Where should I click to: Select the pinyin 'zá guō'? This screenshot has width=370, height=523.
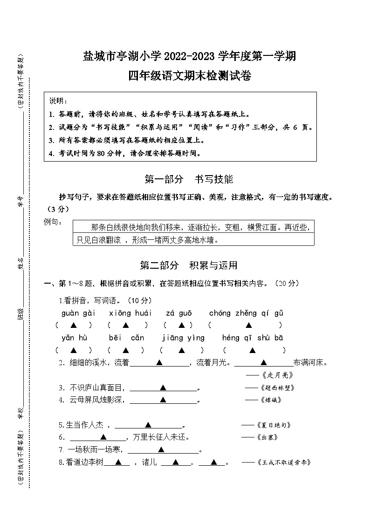coord(178,313)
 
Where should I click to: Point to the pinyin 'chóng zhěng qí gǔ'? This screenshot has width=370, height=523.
coord(246,313)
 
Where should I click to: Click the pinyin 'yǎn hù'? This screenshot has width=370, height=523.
coord(74,338)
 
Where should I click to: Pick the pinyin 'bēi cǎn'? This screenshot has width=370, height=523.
coord(126,338)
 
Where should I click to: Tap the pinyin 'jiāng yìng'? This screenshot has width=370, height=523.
coord(183,338)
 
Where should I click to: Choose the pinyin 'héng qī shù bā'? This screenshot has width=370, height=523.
coord(253,338)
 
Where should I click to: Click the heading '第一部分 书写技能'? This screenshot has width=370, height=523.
coord(189,179)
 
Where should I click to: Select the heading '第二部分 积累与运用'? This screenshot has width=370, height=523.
coord(189,265)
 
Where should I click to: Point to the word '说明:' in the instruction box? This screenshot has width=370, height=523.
coord(58,101)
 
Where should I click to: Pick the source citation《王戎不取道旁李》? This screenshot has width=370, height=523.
coord(283,462)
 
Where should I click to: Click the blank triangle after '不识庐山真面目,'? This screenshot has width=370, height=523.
coord(163,387)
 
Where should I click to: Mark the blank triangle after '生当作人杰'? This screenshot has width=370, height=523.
coord(148,424)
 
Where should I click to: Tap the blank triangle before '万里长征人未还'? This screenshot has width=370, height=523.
coord(103,437)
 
